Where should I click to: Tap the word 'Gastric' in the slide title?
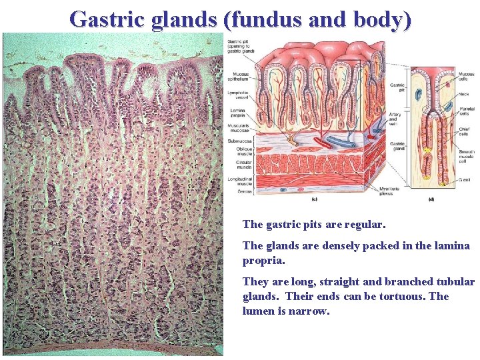107,19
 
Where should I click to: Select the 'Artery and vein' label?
397,119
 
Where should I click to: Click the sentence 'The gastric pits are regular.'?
314,225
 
